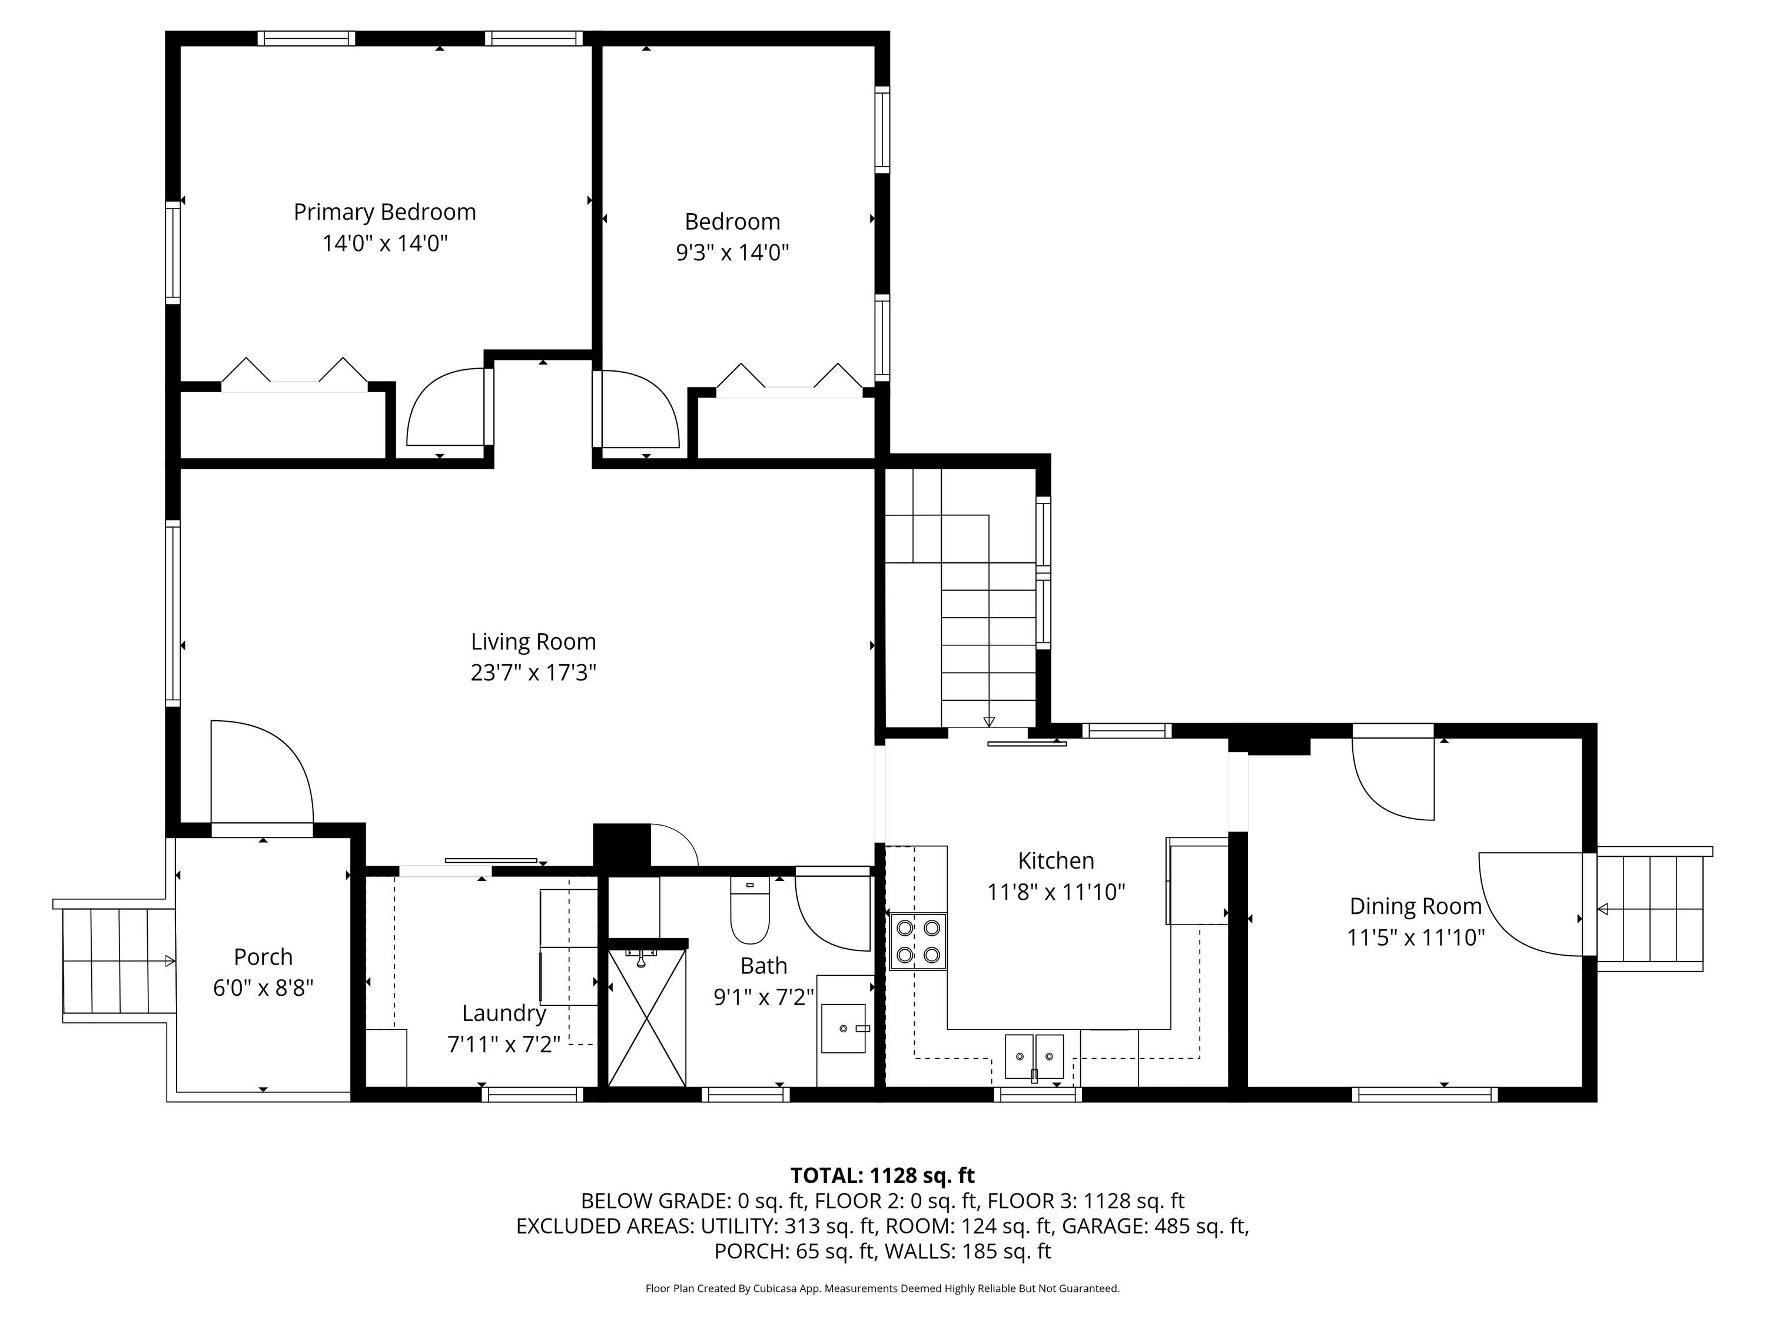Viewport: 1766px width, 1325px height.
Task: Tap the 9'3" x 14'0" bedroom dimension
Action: click(732, 253)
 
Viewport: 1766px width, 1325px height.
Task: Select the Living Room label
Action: click(533, 641)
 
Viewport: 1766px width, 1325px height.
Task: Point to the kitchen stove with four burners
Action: click(918, 941)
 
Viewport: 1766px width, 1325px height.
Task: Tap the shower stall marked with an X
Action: click(647, 1016)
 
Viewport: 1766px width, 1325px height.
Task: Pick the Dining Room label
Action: click(1416, 906)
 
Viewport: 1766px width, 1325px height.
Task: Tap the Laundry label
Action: click(504, 1013)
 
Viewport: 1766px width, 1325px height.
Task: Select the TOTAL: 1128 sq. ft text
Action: click(882, 1175)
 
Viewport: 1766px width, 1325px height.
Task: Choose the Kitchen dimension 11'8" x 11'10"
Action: click(1056, 892)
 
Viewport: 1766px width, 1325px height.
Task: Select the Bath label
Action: click(764, 966)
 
